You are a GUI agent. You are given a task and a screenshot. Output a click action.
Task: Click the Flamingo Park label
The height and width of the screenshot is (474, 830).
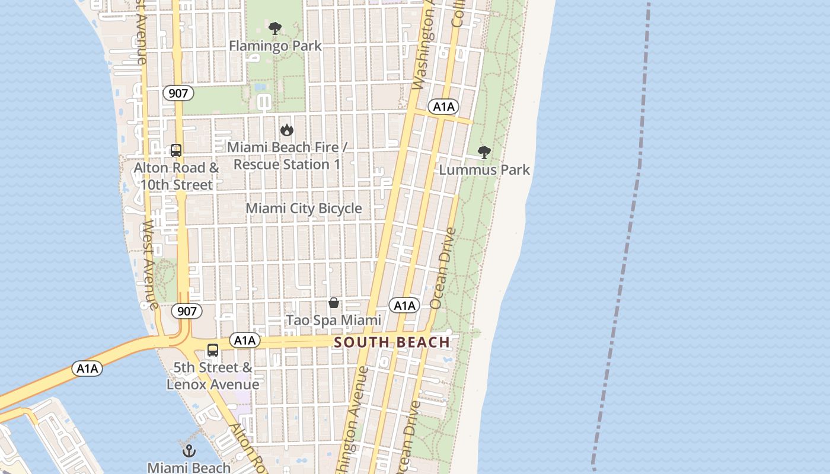tap(275, 46)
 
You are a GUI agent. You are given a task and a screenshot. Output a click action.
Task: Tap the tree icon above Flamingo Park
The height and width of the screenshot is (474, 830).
tap(274, 28)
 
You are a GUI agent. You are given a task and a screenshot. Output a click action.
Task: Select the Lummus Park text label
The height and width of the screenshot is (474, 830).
tap(484, 170)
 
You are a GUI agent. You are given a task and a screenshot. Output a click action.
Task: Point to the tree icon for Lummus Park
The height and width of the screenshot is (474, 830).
tap(484, 152)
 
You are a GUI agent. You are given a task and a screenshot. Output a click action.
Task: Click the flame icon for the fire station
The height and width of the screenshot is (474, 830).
tap(287, 130)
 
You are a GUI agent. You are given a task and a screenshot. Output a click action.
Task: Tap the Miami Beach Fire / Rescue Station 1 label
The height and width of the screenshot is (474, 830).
tap(287, 156)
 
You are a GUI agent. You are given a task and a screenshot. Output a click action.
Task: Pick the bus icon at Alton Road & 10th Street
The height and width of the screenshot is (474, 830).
tap(176, 150)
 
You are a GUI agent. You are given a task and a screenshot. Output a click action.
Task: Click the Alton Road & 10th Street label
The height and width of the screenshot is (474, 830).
tap(176, 177)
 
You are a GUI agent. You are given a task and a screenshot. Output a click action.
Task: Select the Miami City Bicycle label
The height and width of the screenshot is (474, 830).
tap(304, 209)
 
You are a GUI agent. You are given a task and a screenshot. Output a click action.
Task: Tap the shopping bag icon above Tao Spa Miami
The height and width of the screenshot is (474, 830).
tap(334, 303)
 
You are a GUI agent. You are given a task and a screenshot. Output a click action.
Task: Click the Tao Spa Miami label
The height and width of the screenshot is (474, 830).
tap(334, 321)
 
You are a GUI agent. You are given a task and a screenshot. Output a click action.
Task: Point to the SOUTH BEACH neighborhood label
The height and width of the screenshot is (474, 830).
tap(392, 342)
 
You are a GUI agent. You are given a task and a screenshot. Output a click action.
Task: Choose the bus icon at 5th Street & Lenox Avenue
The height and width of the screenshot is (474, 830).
tap(213, 350)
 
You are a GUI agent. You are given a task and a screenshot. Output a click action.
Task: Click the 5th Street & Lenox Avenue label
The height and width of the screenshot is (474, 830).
tap(213, 376)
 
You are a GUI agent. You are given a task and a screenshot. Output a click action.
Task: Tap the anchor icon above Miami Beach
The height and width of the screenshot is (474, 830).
tap(189, 451)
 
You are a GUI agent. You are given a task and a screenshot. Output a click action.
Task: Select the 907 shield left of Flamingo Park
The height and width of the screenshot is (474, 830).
tap(178, 93)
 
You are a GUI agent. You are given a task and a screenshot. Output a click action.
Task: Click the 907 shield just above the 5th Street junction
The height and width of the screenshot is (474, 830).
tap(187, 311)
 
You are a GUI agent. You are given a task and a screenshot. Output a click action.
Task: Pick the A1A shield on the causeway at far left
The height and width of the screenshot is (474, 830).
tap(87, 369)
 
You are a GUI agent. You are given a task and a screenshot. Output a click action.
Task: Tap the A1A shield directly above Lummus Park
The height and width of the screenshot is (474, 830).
tap(443, 107)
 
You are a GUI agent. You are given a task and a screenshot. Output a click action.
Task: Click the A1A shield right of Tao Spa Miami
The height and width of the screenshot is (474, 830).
tap(404, 306)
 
